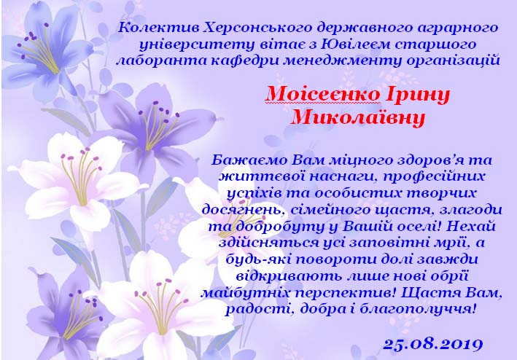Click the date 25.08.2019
432,344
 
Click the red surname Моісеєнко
323,94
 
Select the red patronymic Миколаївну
358,117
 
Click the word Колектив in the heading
158,28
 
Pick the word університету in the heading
197,45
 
